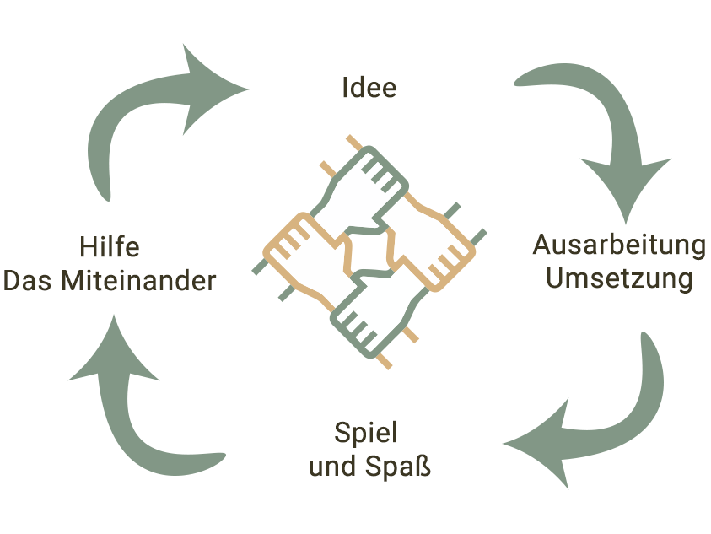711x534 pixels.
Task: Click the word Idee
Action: tap(369, 87)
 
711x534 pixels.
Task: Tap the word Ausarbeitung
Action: tap(619, 245)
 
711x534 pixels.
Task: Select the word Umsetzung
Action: tap(619, 278)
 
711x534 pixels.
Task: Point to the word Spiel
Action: tap(365, 434)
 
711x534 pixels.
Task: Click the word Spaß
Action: tap(400, 467)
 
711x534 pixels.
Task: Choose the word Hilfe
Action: tap(110, 247)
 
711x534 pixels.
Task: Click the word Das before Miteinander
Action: tap(29, 280)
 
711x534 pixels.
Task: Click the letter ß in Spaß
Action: tap(422, 467)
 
